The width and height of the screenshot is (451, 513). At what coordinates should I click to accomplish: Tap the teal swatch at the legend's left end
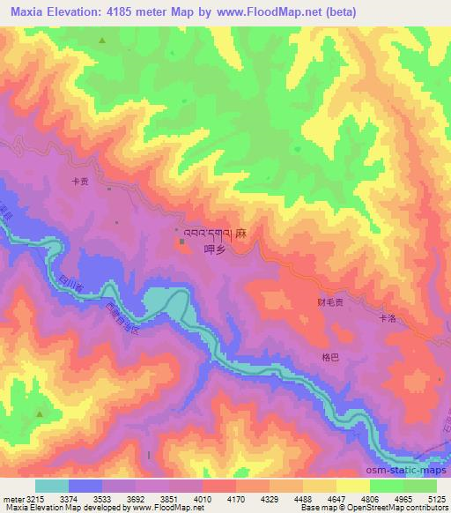coord(51,485)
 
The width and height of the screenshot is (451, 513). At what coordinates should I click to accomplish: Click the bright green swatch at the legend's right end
coord(419,485)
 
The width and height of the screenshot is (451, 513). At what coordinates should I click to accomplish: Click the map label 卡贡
coord(80,182)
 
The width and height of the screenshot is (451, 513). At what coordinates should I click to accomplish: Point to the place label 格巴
coord(329,357)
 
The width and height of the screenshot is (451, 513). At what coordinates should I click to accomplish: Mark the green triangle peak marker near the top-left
coord(102,41)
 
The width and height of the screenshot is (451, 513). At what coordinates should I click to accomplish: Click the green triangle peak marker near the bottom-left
coord(39,413)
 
